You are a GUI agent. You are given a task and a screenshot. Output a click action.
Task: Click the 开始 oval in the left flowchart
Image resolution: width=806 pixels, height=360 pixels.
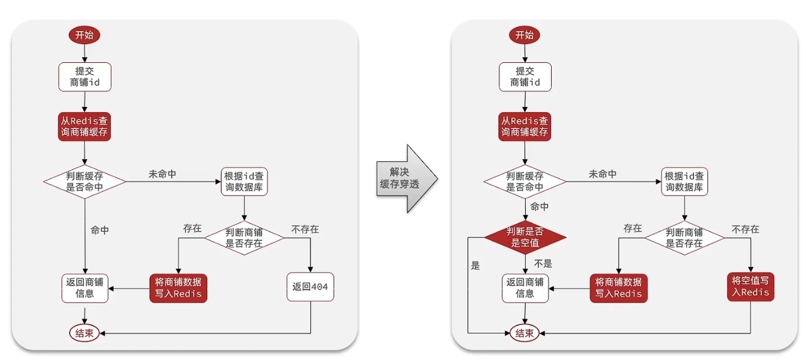(x=84, y=35)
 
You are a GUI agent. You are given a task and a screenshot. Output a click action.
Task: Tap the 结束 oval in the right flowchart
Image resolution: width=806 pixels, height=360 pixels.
(x=525, y=333)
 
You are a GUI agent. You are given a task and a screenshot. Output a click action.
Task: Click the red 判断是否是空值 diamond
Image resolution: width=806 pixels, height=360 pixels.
(x=525, y=237)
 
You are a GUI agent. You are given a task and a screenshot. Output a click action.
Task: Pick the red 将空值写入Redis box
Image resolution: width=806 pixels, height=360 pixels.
(x=750, y=287)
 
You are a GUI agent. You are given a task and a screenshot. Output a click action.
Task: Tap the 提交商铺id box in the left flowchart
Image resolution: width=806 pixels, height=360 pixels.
(x=84, y=76)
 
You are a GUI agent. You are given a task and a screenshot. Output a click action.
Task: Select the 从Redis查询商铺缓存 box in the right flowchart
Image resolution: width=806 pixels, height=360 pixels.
(x=525, y=127)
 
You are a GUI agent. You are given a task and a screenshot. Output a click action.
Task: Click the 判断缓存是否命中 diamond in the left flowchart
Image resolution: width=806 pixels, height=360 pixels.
(x=84, y=181)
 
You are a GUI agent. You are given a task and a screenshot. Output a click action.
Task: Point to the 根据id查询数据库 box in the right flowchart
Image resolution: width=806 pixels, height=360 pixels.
(x=684, y=181)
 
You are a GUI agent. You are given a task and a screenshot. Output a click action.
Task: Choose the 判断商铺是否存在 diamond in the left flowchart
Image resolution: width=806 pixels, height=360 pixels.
(x=244, y=237)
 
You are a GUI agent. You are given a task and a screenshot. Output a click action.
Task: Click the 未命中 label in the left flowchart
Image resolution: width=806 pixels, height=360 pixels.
(x=162, y=174)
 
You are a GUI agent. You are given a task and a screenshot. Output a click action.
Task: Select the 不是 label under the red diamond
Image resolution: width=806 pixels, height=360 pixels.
(x=543, y=263)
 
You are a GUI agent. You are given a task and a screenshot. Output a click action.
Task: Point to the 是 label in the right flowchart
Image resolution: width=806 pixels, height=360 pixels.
(x=475, y=266)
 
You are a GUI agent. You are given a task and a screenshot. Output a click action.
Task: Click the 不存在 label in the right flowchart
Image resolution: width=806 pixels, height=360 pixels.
(x=746, y=229)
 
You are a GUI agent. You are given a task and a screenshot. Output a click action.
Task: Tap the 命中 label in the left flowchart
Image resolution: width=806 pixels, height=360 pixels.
(x=99, y=230)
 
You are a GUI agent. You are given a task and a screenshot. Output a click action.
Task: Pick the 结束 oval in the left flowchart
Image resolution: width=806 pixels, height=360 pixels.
(x=84, y=333)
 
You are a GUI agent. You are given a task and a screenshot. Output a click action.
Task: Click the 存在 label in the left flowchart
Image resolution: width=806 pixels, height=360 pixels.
(x=192, y=228)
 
